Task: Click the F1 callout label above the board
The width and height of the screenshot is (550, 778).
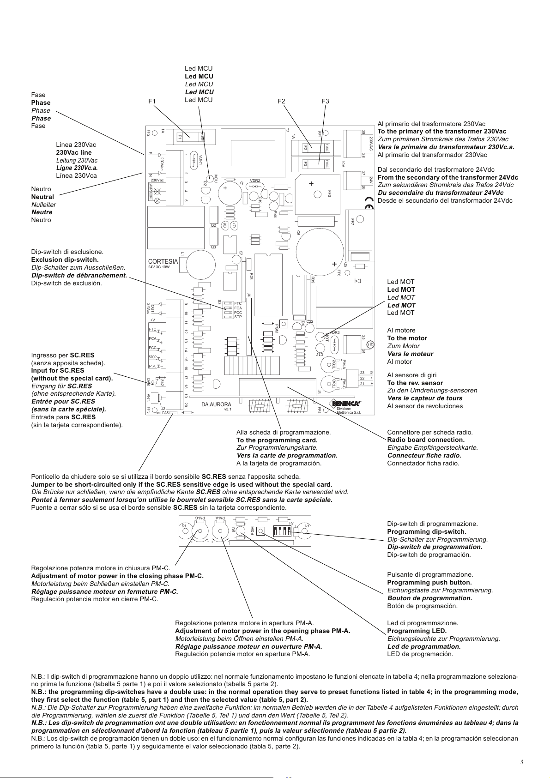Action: [x=152, y=101]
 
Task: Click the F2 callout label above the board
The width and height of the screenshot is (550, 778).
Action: [x=281, y=101]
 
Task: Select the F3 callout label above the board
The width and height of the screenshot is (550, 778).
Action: [x=326, y=101]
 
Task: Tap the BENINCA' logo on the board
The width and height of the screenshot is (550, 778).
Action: [x=347, y=404]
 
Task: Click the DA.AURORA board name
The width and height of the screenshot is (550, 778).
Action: [x=217, y=404]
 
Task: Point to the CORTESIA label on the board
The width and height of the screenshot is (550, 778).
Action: [x=163, y=261]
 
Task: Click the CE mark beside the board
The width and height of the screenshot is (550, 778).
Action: [x=369, y=203]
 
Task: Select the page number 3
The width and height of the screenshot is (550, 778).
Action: [x=521, y=762]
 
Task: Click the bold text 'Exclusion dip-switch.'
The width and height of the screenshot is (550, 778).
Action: [x=65, y=259]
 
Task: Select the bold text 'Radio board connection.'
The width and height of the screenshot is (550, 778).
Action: [x=426, y=440]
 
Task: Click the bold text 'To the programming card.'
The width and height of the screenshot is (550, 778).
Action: [x=277, y=440]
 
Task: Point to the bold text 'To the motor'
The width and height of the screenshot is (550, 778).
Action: [x=407, y=338]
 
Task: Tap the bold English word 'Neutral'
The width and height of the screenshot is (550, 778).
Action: [x=42, y=197]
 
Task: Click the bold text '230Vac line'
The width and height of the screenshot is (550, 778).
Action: [x=74, y=152]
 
